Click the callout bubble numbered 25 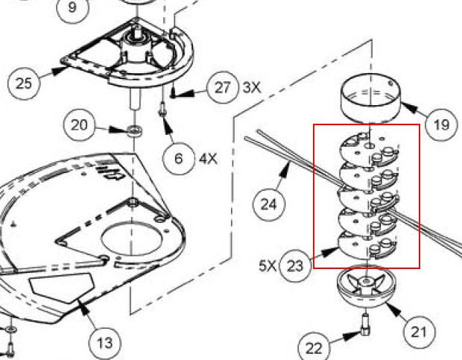(x=25, y=82)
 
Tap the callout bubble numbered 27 (x=223, y=88)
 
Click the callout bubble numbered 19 (x=441, y=123)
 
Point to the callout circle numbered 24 (x=269, y=203)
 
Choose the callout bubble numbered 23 (x=297, y=265)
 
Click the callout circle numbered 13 (x=106, y=342)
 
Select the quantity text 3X (x=252, y=88)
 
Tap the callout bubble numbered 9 (x=72, y=7)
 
